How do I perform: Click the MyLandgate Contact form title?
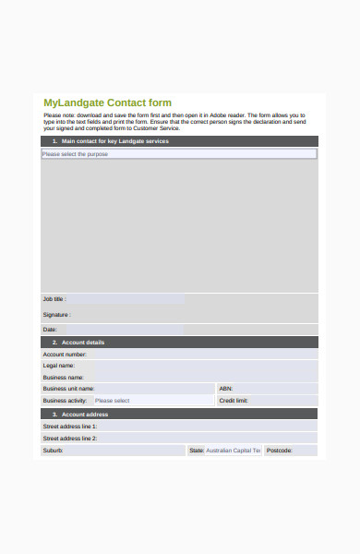[x=107, y=102]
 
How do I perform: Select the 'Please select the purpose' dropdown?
[x=178, y=154]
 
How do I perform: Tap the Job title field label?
[x=54, y=299]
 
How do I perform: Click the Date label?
[x=51, y=329]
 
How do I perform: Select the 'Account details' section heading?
[x=83, y=343]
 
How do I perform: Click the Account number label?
[x=65, y=355]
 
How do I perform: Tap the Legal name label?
[x=58, y=366]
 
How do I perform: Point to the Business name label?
[x=63, y=378]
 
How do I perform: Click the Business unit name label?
[x=68, y=389]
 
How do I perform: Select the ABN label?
[x=226, y=389]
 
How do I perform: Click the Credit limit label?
[x=234, y=401]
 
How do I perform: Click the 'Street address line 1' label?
[x=69, y=427]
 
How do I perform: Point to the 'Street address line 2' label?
[x=69, y=439]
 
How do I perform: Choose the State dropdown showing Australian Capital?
[x=233, y=451]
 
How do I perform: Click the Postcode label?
[x=280, y=451]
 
